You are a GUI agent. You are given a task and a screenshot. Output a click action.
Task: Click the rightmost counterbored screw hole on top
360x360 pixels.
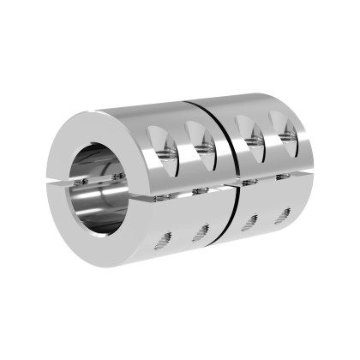click(x=283, y=132)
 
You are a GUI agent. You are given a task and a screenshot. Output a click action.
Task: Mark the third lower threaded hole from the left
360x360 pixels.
click(x=249, y=225)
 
